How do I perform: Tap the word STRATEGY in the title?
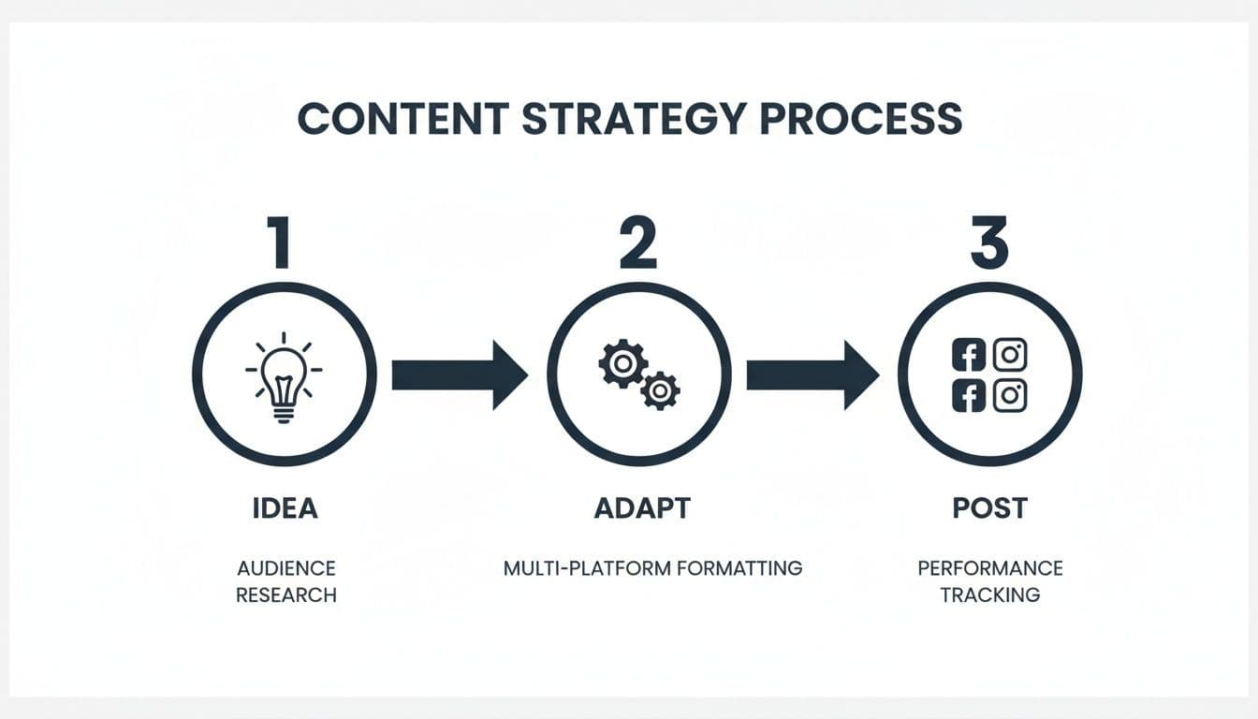click(634, 120)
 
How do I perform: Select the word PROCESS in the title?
click(861, 120)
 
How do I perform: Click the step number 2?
click(637, 242)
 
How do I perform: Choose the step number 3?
click(989, 242)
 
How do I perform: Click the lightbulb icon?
click(284, 376)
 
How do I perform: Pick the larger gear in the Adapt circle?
click(622, 363)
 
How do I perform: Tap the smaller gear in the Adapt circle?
click(660, 389)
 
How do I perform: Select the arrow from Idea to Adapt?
click(459, 374)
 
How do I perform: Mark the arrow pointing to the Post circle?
click(812, 374)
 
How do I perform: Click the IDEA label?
click(285, 508)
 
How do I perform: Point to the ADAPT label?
click(642, 508)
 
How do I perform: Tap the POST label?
click(989, 508)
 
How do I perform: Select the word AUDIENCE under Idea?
click(285, 568)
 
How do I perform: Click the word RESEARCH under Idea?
click(285, 594)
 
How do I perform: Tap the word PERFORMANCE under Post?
click(989, 568)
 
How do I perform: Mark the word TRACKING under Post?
click(989, 594)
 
